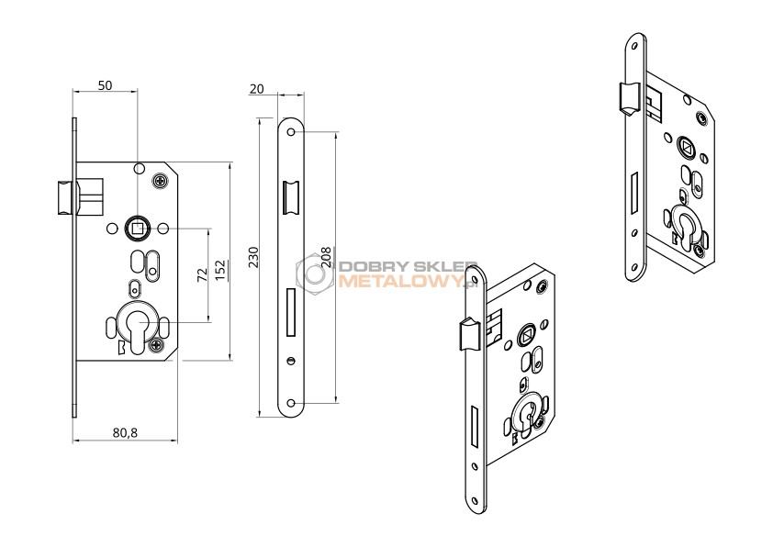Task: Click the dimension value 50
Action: [105, 85]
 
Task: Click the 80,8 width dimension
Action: [125, 432]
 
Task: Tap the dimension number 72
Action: [202, 275]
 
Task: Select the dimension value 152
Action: [219, 270]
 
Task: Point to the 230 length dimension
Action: [252, 257]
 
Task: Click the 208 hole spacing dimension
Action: [326, 257]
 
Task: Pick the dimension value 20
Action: [257, 89]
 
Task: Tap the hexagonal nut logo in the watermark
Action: [315, 274]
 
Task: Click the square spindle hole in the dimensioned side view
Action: [138, 228]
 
